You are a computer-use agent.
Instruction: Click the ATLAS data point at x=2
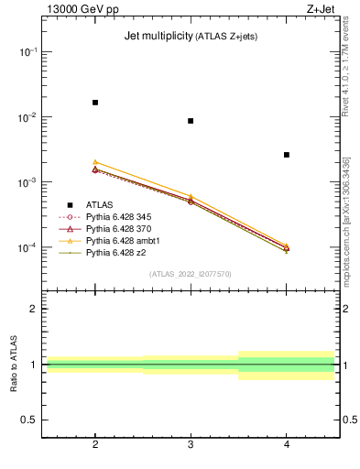tap(95, 103)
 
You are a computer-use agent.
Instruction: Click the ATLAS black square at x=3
tap(191, 121)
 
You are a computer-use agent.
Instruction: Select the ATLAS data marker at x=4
tap(287, 155)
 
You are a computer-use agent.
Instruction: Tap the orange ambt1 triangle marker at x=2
tap(95, 162)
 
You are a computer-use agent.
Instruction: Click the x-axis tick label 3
tap(191, 444)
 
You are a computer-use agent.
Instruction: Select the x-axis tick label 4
tap(287, 444)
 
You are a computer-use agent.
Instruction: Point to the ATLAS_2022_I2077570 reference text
tap(191, 274)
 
